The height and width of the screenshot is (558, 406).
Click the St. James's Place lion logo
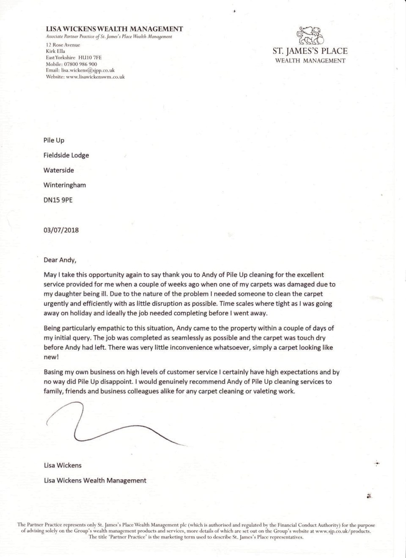(x=310, y=36)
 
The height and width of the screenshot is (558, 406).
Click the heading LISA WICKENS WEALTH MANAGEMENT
(x=114, y=29)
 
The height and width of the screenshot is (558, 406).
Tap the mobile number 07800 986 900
(x=80, y=64)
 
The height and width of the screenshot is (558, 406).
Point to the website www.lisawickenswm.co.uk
(x=95, y=77)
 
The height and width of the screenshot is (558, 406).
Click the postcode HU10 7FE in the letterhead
(x=90, y=58)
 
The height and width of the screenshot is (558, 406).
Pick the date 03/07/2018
(x=61, y=231)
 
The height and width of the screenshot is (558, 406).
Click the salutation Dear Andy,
(x=60, y=260)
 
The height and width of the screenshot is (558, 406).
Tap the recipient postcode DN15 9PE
(x=58, y=200)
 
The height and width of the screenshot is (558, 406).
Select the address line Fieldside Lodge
(x=66, y=155)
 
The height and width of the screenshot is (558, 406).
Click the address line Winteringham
(x=64, y=185)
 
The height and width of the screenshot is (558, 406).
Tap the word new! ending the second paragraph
(x=51, y=357)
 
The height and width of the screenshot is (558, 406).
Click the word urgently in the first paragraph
(x=56, y=304)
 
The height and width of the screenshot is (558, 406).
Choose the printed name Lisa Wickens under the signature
(x=63, y=465)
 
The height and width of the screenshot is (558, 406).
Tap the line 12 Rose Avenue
(x=63, y=45)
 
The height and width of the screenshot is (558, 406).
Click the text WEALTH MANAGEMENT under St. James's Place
(x=310, y=61)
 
